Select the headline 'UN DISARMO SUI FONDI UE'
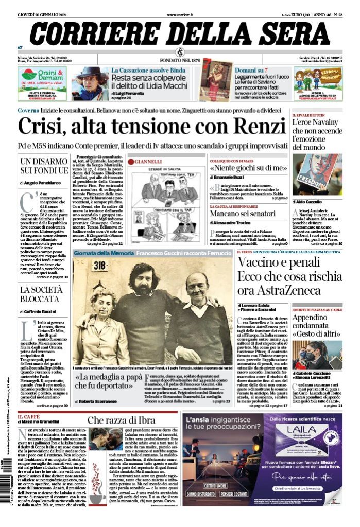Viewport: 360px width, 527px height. pyautogui.click(x=44, y=166)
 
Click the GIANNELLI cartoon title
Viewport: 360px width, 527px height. pyautogui.click(x=148, y=161)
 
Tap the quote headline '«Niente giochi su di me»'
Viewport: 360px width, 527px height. pyautogui.click(x=248, y=168)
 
